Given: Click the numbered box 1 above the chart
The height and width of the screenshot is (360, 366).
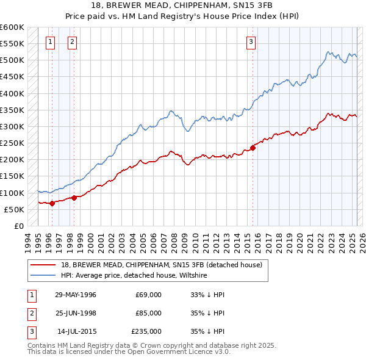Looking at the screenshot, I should [49, 41].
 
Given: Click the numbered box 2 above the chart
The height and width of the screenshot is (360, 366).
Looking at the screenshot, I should [72, 41].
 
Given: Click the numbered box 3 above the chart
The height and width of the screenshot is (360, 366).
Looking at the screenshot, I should [251, 41].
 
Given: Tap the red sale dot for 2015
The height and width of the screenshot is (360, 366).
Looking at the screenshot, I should [253, 148].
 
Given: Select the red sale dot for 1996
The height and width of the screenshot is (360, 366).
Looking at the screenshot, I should [52, 203].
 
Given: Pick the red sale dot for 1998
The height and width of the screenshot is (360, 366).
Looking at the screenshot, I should [74, 198].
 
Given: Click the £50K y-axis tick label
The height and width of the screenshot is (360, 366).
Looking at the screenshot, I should [13, 209].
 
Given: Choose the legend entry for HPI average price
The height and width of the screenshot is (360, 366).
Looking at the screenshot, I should [134, 275].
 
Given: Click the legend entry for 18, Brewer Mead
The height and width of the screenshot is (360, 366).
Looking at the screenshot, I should [161, 265].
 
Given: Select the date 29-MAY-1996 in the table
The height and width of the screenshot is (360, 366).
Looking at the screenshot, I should [76, 295].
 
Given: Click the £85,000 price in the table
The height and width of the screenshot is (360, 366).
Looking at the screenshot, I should [148, 313].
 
